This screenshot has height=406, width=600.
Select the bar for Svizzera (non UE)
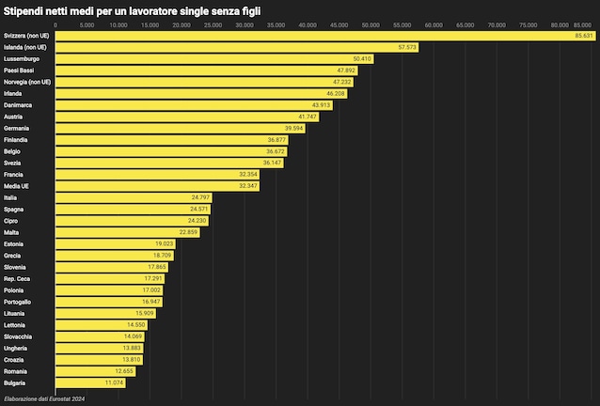point(320,36)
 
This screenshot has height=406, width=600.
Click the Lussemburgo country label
point(22,58)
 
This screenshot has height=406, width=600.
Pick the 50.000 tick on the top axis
point(371,24)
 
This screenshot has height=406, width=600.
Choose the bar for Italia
point(132,197)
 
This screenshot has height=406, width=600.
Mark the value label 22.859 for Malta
point(188,232)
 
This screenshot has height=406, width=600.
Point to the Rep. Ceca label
point(18,278)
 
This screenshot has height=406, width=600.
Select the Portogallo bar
point(108,302)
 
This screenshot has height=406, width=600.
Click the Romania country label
point(17,371)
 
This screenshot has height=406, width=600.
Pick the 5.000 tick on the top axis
point(87,24)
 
